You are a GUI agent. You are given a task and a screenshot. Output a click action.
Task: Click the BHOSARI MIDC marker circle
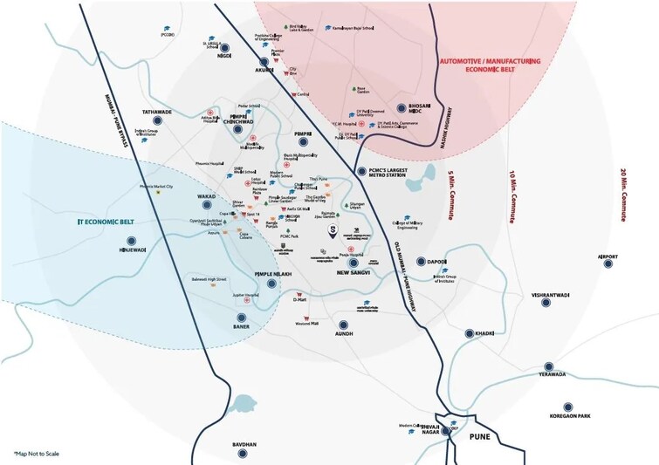pos(402,107)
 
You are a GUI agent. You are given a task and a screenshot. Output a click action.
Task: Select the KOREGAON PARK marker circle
pos(568,407)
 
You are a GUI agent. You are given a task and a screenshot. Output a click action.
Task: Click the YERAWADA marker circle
pos(549,366)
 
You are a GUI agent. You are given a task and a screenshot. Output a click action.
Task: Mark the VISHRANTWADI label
pos(550,295)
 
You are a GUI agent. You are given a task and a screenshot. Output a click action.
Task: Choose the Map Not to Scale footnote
pos(38,454)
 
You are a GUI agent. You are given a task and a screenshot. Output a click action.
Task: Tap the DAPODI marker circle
pos(420,262)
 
